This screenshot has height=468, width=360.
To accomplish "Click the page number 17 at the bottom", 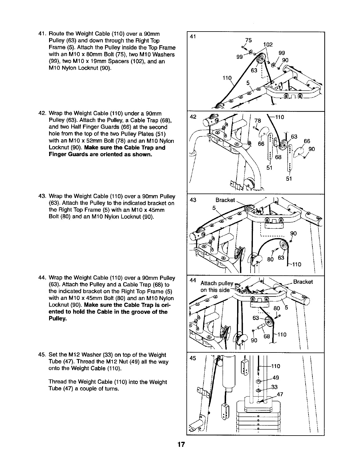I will tap(181, 445).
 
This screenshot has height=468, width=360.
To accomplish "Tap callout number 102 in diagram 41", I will tap(268, 45).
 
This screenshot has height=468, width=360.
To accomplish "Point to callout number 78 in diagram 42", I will tap(257, 121).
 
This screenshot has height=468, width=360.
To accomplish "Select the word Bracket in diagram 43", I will tap(225, 200).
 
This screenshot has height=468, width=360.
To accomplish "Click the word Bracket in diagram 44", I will tap(303, 282).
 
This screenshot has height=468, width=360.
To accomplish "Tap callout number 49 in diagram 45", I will tap(276, 378).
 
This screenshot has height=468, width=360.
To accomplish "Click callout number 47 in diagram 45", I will tap(280, 395).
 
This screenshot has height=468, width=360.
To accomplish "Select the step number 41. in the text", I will tap(43, 33).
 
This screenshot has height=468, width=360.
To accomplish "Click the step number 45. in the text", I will tap(43, 355).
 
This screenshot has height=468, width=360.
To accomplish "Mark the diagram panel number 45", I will tap(193, 358).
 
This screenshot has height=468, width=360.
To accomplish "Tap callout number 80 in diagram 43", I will tap(270, 259).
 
